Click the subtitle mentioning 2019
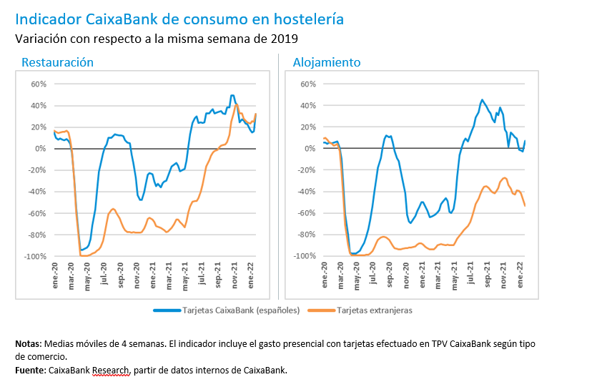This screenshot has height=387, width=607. tap(157, 38)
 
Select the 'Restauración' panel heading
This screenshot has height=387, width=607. tap(57, 62)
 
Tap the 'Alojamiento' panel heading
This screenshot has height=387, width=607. tap(327, 62)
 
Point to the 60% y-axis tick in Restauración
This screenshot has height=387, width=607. tap(37, 84)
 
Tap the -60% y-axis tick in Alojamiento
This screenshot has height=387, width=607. tap(307, 213)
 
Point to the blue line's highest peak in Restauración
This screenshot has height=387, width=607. tap(232, 95)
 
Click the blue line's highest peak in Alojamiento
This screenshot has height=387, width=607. tap(482, 100)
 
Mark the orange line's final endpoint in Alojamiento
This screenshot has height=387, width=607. tap(525, 206)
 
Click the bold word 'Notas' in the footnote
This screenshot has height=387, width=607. tap(28, 344)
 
